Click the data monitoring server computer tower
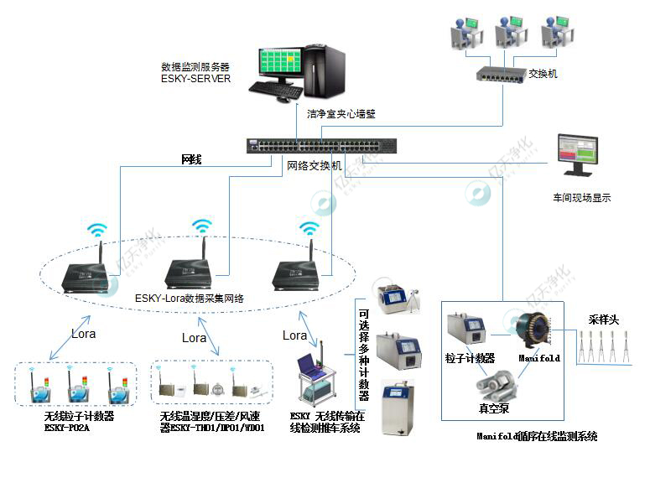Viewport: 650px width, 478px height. (x=324, y=72)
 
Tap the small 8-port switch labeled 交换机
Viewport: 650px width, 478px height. (x=500, y=74)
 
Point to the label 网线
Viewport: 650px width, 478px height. (x=192, y=158)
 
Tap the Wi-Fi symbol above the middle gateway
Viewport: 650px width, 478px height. (x=202, y=226)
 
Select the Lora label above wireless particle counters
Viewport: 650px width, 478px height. (x=83, y=333)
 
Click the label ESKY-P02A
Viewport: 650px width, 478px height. (x=68, y=428)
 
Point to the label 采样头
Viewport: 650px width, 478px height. (x=602, y=319)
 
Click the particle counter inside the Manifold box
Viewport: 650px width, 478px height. (x=466, y=330)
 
